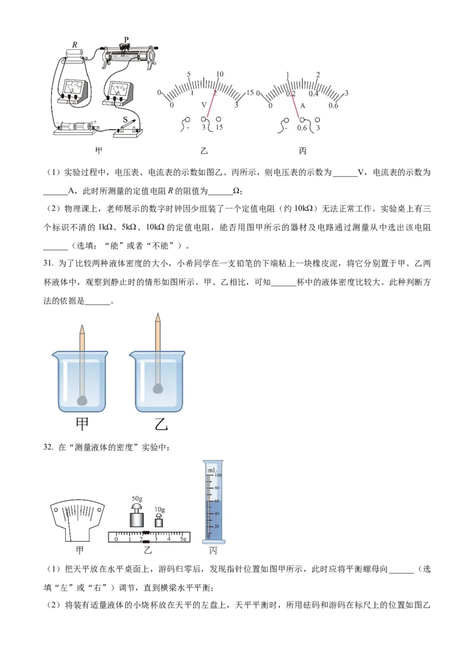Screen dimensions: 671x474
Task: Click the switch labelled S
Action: [125, 120]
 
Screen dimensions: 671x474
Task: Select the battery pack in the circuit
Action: [76, 127]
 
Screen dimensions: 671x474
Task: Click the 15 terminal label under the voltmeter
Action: [219, 128]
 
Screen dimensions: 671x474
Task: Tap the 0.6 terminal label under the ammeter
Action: [302, 128]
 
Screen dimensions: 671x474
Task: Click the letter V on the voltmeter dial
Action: [204, 105]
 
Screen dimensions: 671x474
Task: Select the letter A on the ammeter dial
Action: [302, 106]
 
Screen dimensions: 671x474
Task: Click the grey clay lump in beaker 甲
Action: [82, 401]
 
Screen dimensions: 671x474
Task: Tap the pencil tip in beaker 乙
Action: [157, 315]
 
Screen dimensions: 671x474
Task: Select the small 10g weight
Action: [158, 521]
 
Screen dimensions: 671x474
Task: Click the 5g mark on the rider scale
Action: [184, 539]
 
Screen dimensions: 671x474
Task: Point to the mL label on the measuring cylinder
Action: [211, 470]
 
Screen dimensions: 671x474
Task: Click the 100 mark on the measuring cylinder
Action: [218, 475]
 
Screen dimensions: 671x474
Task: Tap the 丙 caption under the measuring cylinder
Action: [213, 551]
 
